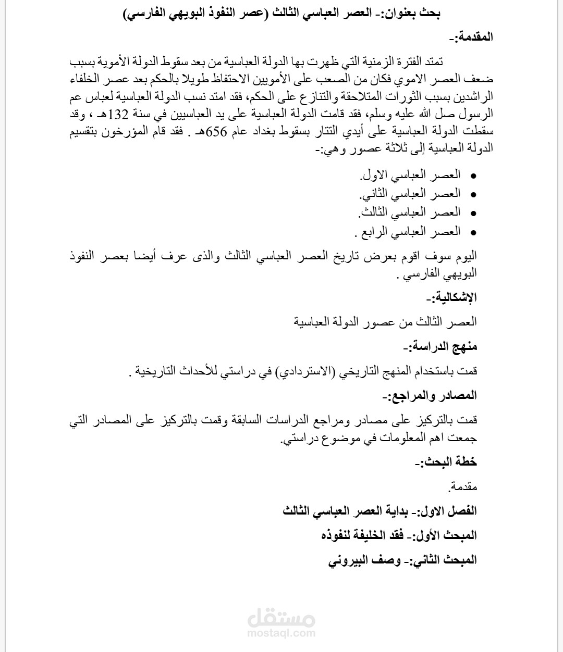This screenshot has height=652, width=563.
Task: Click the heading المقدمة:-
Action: click(x=471, y=37)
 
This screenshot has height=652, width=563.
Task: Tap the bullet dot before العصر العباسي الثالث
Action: click(x=473, y=213)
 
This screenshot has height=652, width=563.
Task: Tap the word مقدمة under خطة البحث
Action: click(x=463, y=487)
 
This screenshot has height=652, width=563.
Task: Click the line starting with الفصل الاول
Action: click(x=380, y=511)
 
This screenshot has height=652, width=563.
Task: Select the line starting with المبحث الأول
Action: click(x=399, y=535)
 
